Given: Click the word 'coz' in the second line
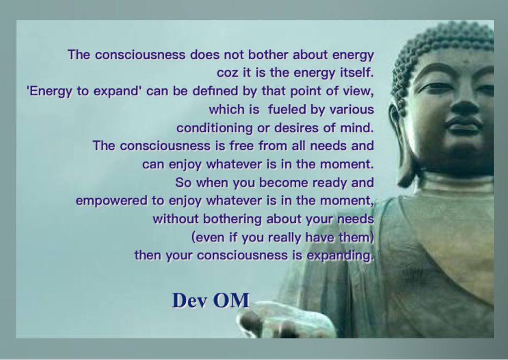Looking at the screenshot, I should point(228,73).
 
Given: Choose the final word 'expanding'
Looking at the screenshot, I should point(343,256).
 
